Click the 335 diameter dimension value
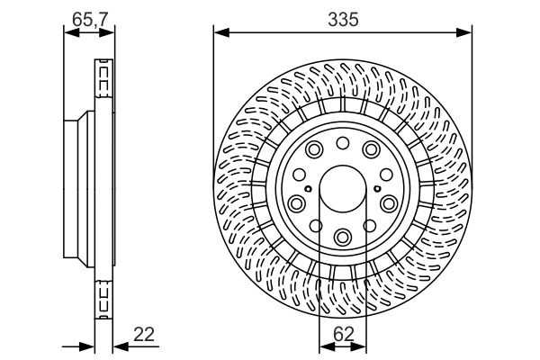(x=343, y=18)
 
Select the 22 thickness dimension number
(x=144, y=335)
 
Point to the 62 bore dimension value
(x=343, y=334)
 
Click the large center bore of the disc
(x=343, y=190)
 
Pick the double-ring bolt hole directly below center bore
(x=343, y=236)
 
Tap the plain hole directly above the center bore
(x=343, y=144)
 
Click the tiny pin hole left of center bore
(x=309, y=189)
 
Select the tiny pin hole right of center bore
(x=376, y=189)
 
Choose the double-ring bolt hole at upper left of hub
(x=314, y=150)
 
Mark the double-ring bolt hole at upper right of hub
(x=372, y=150)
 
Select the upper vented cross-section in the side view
(x=103, y=81)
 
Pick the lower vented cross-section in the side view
(x=103, y=297)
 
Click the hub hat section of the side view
(x=79, y=189)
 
